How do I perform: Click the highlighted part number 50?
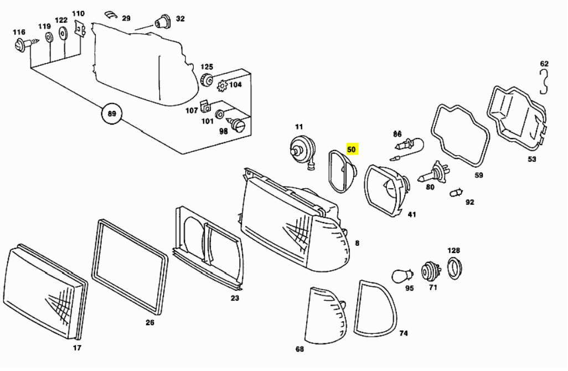click(x=352, y=150)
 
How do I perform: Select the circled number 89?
click(x=112, y=115)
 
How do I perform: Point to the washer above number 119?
click(x=48, y=38)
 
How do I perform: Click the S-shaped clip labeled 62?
click(x=545, y=80)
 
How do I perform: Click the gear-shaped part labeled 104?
click(x=223, y=86)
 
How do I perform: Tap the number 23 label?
click(x=235, y=298)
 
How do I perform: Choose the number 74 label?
click(x=404, y=333)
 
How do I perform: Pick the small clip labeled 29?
click(x=111, y=14)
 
